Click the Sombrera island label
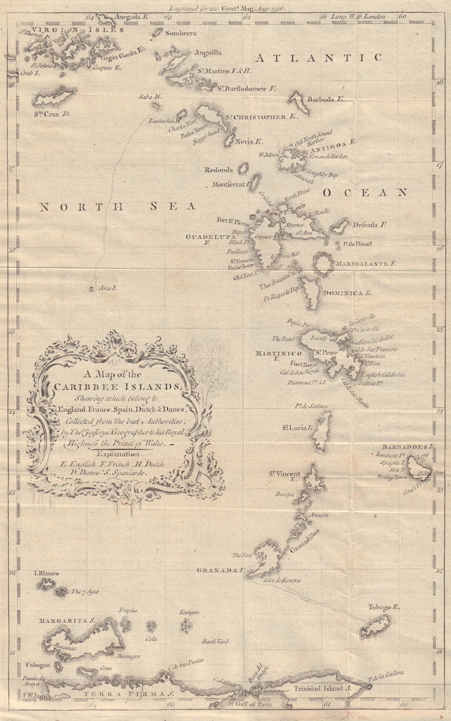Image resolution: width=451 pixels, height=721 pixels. [180, 33]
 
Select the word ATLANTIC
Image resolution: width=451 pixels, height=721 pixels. [318, 58]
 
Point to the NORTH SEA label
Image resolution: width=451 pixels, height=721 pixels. [117, 207]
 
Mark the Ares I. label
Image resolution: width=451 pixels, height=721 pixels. [107, 288]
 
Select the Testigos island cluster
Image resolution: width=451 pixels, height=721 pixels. [185, 625]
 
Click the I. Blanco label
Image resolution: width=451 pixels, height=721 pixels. [46, 573]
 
